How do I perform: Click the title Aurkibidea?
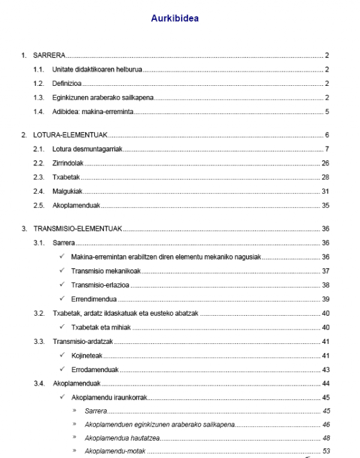[175, 19]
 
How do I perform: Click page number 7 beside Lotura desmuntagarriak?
[326, 149]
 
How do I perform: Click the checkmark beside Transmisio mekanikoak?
[62, 271]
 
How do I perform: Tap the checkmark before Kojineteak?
[62, 355]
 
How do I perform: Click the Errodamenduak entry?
[95, 369]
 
